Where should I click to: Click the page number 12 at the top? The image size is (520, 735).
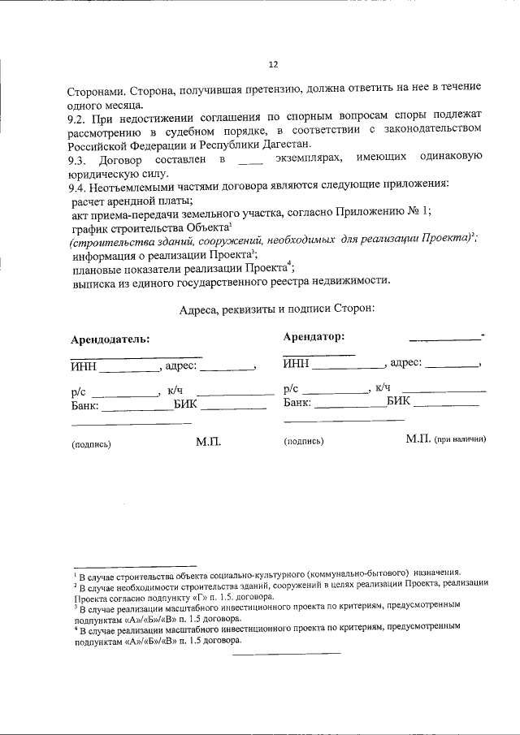(x=273, y=65)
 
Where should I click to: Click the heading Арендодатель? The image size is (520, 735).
(x=110, y=340)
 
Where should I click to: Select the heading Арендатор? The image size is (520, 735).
(x=314, y=336)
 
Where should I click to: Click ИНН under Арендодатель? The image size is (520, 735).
(x=83, y=366)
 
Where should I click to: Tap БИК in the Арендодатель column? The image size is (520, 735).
(x=188, y=404)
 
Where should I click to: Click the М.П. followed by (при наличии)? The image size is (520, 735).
(x=418, y=439)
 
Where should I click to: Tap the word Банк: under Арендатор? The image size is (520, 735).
(x=297, y=402)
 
